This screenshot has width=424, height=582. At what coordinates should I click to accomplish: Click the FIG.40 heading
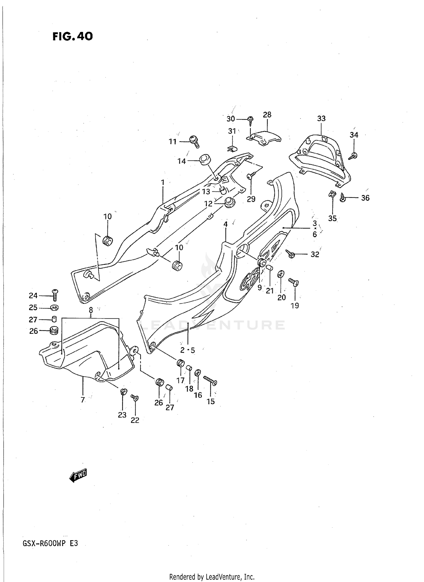point(72,36)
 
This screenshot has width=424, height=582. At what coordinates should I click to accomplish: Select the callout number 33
point(321,119)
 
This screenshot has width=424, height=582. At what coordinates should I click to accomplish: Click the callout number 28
point(267,115)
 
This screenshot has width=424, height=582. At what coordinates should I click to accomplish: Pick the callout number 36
point(365,198)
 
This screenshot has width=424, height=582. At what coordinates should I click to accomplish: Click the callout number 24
point(33,296)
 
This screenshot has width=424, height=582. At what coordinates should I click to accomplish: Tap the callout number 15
point(211,401)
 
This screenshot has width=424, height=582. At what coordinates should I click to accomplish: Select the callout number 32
point(315,254)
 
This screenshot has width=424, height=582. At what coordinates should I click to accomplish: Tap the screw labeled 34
point(353,155)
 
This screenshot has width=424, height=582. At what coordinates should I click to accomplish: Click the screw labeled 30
point(250,120)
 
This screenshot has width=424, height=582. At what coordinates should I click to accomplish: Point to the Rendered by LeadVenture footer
point(212,577)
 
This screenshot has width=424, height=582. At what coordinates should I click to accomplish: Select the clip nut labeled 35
point(332,194)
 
